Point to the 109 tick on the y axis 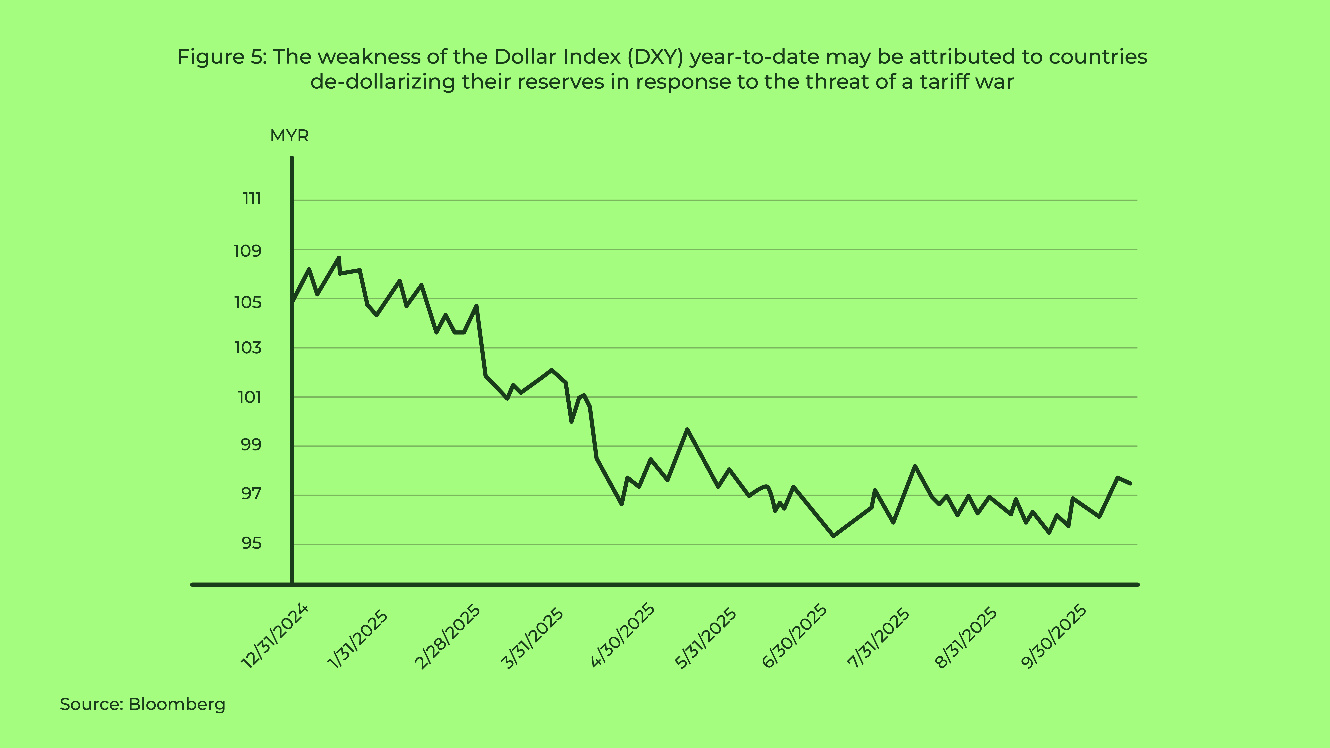pyautogui.click(x=248, y=251)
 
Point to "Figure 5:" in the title pyautogui.click(x=222, y=57)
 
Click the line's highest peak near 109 pyautogui.click(x=339, y=258)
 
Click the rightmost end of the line pyautogui.click(x=1130, y=483)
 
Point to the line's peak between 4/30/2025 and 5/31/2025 pyautogui.click(x=687, y=430)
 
